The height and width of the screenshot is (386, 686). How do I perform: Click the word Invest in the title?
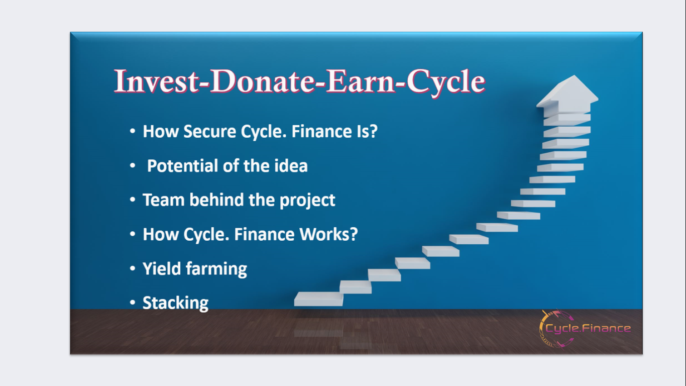coord(156,81)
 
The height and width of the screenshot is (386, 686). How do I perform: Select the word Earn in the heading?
coord(361,81)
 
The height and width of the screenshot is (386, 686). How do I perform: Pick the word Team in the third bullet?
coord(163,200)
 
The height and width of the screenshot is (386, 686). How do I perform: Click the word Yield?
coord(162,269)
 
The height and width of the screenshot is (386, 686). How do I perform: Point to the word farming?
coord(216,270)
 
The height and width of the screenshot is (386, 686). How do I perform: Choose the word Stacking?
coord(175,304)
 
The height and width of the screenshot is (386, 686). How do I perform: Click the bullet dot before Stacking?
coord(133,303)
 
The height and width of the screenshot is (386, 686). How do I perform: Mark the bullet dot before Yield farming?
coord(133,268)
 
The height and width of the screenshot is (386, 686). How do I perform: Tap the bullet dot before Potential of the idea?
coord(133,165)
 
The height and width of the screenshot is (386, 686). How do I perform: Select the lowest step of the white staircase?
coord(318,299)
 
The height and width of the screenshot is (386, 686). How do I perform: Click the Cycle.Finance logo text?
coord(588,328)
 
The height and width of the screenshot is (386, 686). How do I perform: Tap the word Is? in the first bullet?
coord(367,132)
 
